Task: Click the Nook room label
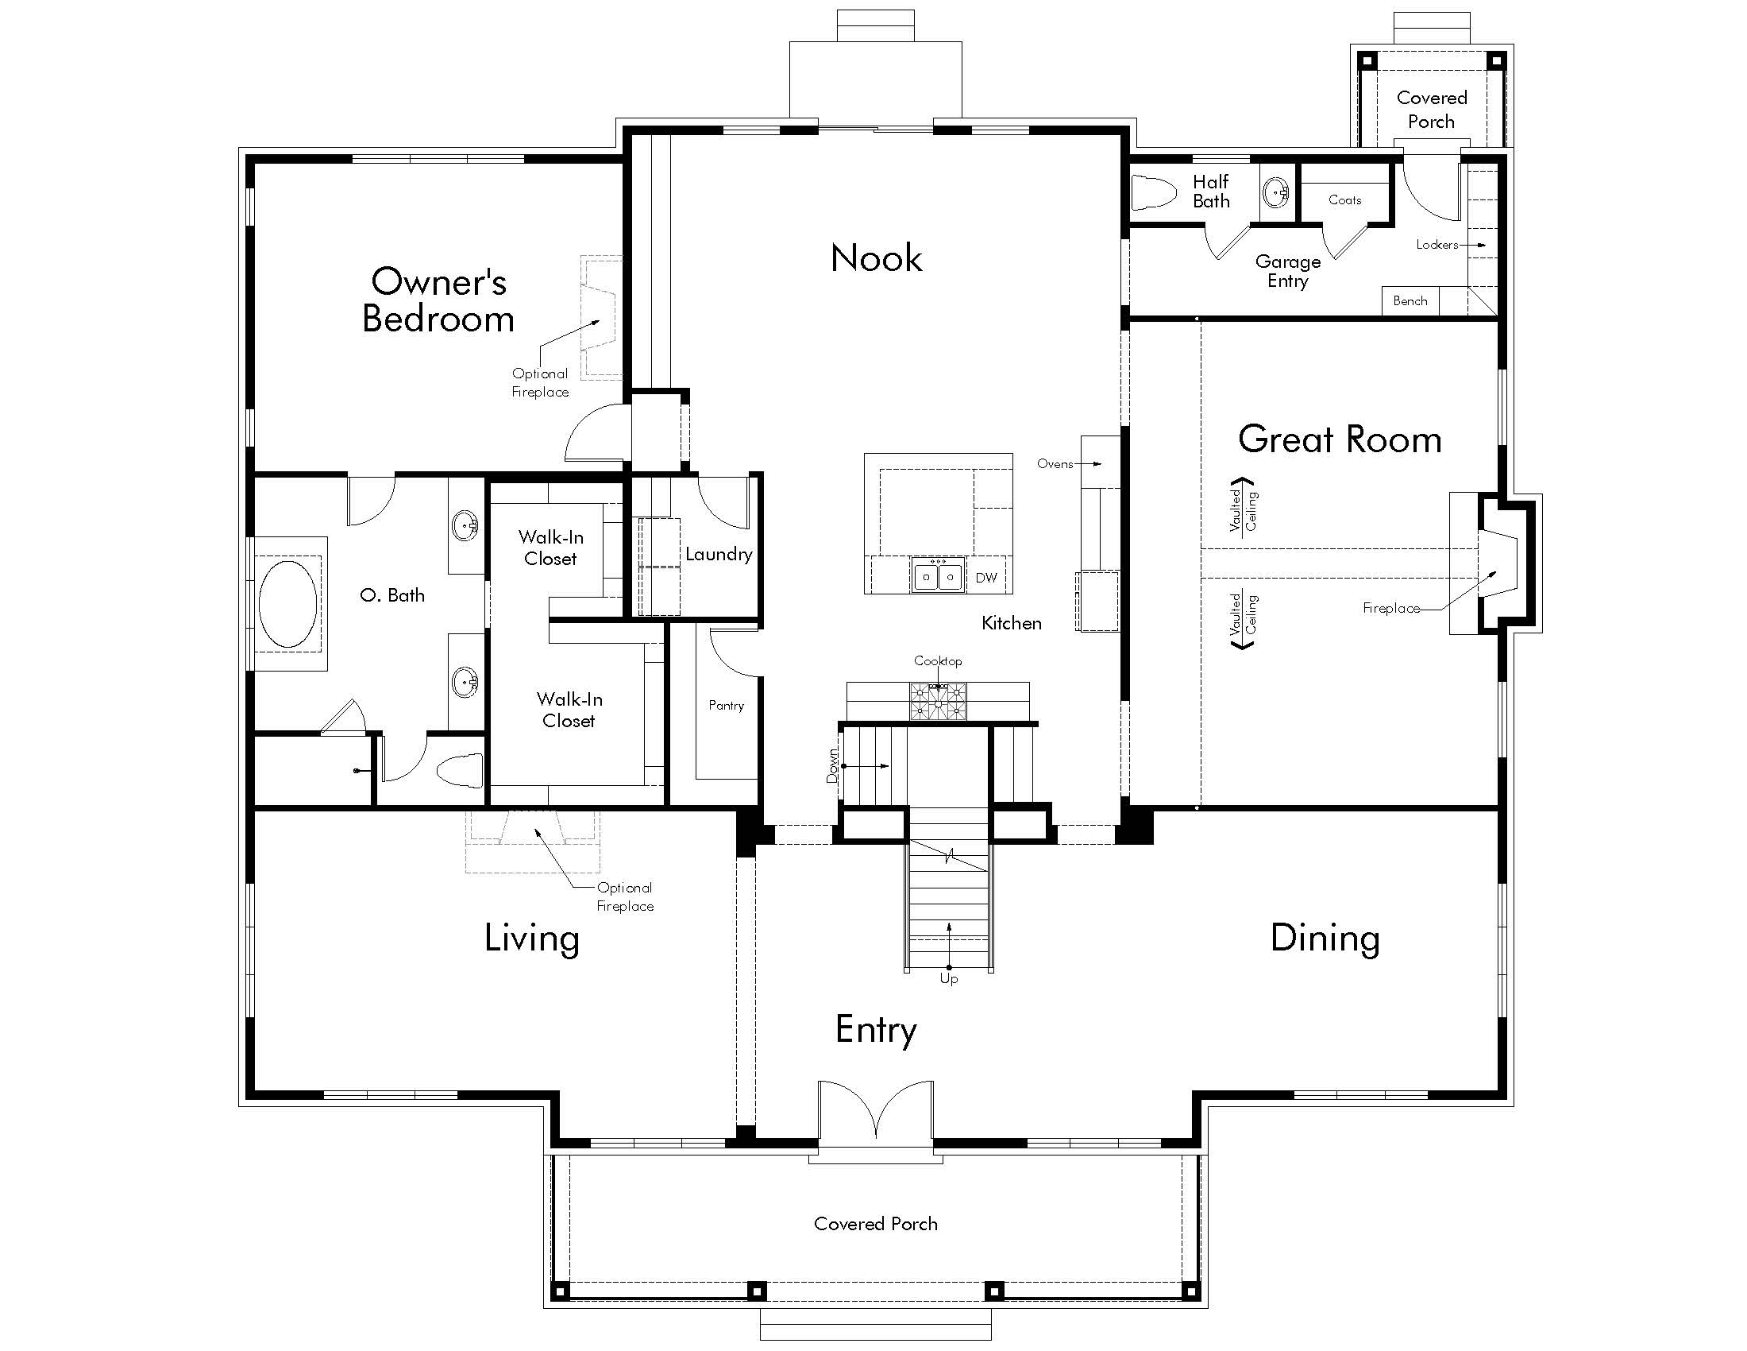click(x=876, y=258)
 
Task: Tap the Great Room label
click(x=1339, y=439)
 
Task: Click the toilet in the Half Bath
click(x=1155, y=193)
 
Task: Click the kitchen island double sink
click(x=938, y=576)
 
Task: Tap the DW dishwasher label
click(x=985, y=578)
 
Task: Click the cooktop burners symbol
click(x=938, y=701)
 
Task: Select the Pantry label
click(x=726, y=705)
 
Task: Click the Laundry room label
click(x=719, y=554)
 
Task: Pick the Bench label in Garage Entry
click(x=1410, y=301)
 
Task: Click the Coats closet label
click(x=1344, y=200)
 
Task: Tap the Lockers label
click(x=1437, y=245)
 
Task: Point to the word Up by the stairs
click(x=949, y=979)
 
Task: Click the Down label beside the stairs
click(x=833, y=766)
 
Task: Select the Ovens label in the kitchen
click(x=1055, y=463)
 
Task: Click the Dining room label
click(x=1325, y=938)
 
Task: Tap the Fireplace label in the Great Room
click(x=1390, y=608)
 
